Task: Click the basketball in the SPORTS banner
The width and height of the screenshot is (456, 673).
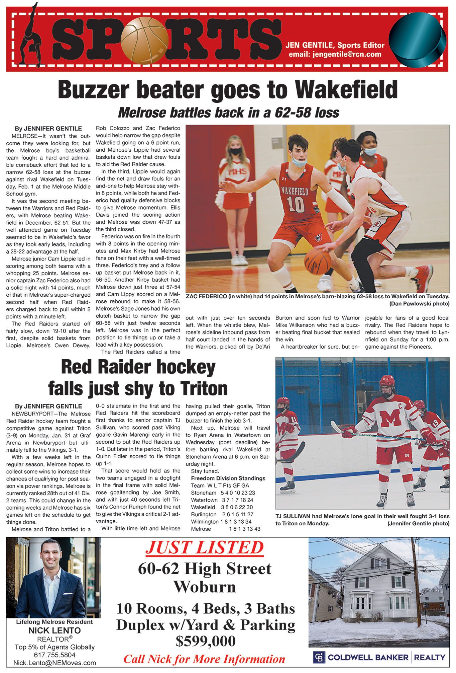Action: click(x=144, y=41)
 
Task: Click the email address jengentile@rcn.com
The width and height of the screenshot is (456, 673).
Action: click(x=335, y=54)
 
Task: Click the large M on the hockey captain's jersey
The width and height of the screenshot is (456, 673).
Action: click(x=390, y=418)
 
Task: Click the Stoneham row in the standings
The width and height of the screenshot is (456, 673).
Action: click(x=223, y=493)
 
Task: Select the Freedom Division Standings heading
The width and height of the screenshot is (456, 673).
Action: click(x=228, y=478)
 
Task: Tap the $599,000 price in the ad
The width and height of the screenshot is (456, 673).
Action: click(x=206, y=641)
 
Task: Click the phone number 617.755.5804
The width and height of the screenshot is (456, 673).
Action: click(x=54, y=655)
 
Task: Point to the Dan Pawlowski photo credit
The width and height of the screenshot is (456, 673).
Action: click(x=419, y=303)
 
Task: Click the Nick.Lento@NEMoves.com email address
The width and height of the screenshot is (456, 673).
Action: click(x=54, y=663)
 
